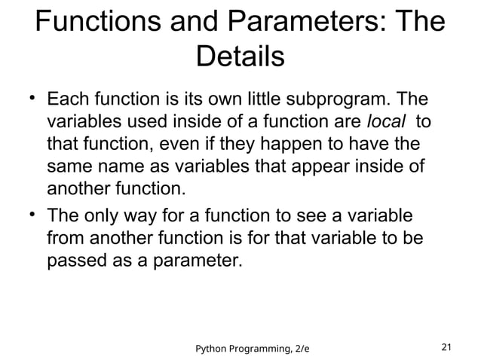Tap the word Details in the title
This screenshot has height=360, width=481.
[240, 58]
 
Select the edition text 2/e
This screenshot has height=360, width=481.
[310, 348]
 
